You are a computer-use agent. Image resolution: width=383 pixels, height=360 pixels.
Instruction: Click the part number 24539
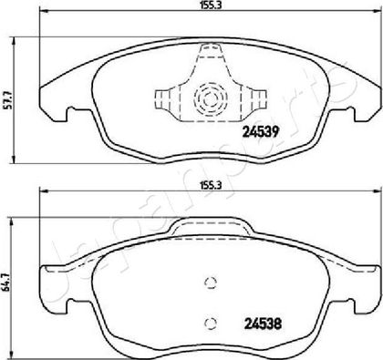click(x=261, y=131)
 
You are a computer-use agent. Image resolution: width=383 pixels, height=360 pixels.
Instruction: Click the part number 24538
click(x=263, y=324)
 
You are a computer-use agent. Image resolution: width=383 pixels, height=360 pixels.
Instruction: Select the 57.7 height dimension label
click(x=9, y=100)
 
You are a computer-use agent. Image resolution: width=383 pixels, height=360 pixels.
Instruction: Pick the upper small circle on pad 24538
click(x=210, y=283)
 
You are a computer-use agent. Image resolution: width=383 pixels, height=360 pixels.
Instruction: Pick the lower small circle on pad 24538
click(x=210, y=324)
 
